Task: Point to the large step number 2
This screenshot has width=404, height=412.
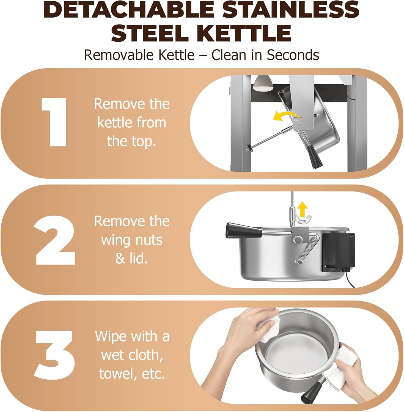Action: tap(55, 240)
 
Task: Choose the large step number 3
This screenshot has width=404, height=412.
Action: tap(54, 355)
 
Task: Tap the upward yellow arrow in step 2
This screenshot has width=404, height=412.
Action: tap(303, 209)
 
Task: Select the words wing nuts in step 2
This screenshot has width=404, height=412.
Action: tap(132, 240)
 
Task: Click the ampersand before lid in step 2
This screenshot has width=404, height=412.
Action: tap(120, 259)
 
